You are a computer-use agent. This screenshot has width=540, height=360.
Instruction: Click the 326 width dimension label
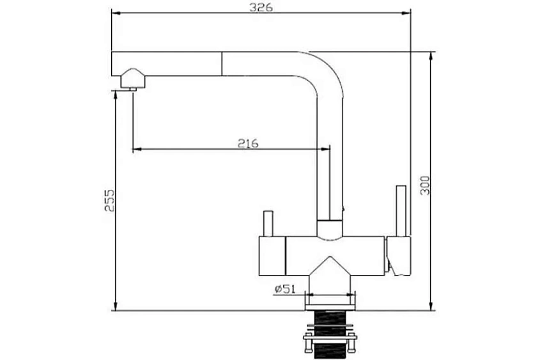[x=261, y=6]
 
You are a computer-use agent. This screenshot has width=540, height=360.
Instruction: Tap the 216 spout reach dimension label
[x=247, y=143]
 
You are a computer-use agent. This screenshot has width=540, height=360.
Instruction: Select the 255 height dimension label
[x=109, y=200]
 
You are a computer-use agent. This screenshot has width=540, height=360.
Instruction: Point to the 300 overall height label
[x=425, y=185]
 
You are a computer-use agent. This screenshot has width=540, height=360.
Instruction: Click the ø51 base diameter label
[x=285, y=288]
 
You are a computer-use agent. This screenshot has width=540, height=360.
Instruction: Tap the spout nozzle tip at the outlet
[x=132, y=90]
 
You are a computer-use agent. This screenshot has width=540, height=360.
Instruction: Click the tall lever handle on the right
[x=401, y=211]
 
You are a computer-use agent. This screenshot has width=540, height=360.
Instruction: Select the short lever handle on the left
[x=268, y=224]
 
